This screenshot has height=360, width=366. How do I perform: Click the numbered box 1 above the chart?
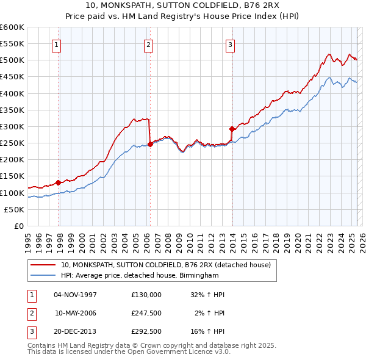tap(56, 44)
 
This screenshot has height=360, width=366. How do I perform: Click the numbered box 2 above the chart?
tap(148, 44)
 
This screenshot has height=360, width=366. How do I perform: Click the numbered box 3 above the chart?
tap(231, 44)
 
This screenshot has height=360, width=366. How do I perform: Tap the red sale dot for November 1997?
tap(59, 182)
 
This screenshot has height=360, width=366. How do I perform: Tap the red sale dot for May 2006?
tap(150, 144)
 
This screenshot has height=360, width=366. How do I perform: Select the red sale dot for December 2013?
tap(232, 129)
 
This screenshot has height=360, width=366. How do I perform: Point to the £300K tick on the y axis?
tap(13, 126)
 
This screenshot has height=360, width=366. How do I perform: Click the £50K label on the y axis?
tap(15, 209)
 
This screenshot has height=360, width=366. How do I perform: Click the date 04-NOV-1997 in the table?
tap(76, 295)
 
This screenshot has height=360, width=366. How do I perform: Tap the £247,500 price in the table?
tap(146, 313)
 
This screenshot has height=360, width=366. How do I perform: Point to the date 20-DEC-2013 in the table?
tap(76, 331)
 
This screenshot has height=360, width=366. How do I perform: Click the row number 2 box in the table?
tap(29, 313)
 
